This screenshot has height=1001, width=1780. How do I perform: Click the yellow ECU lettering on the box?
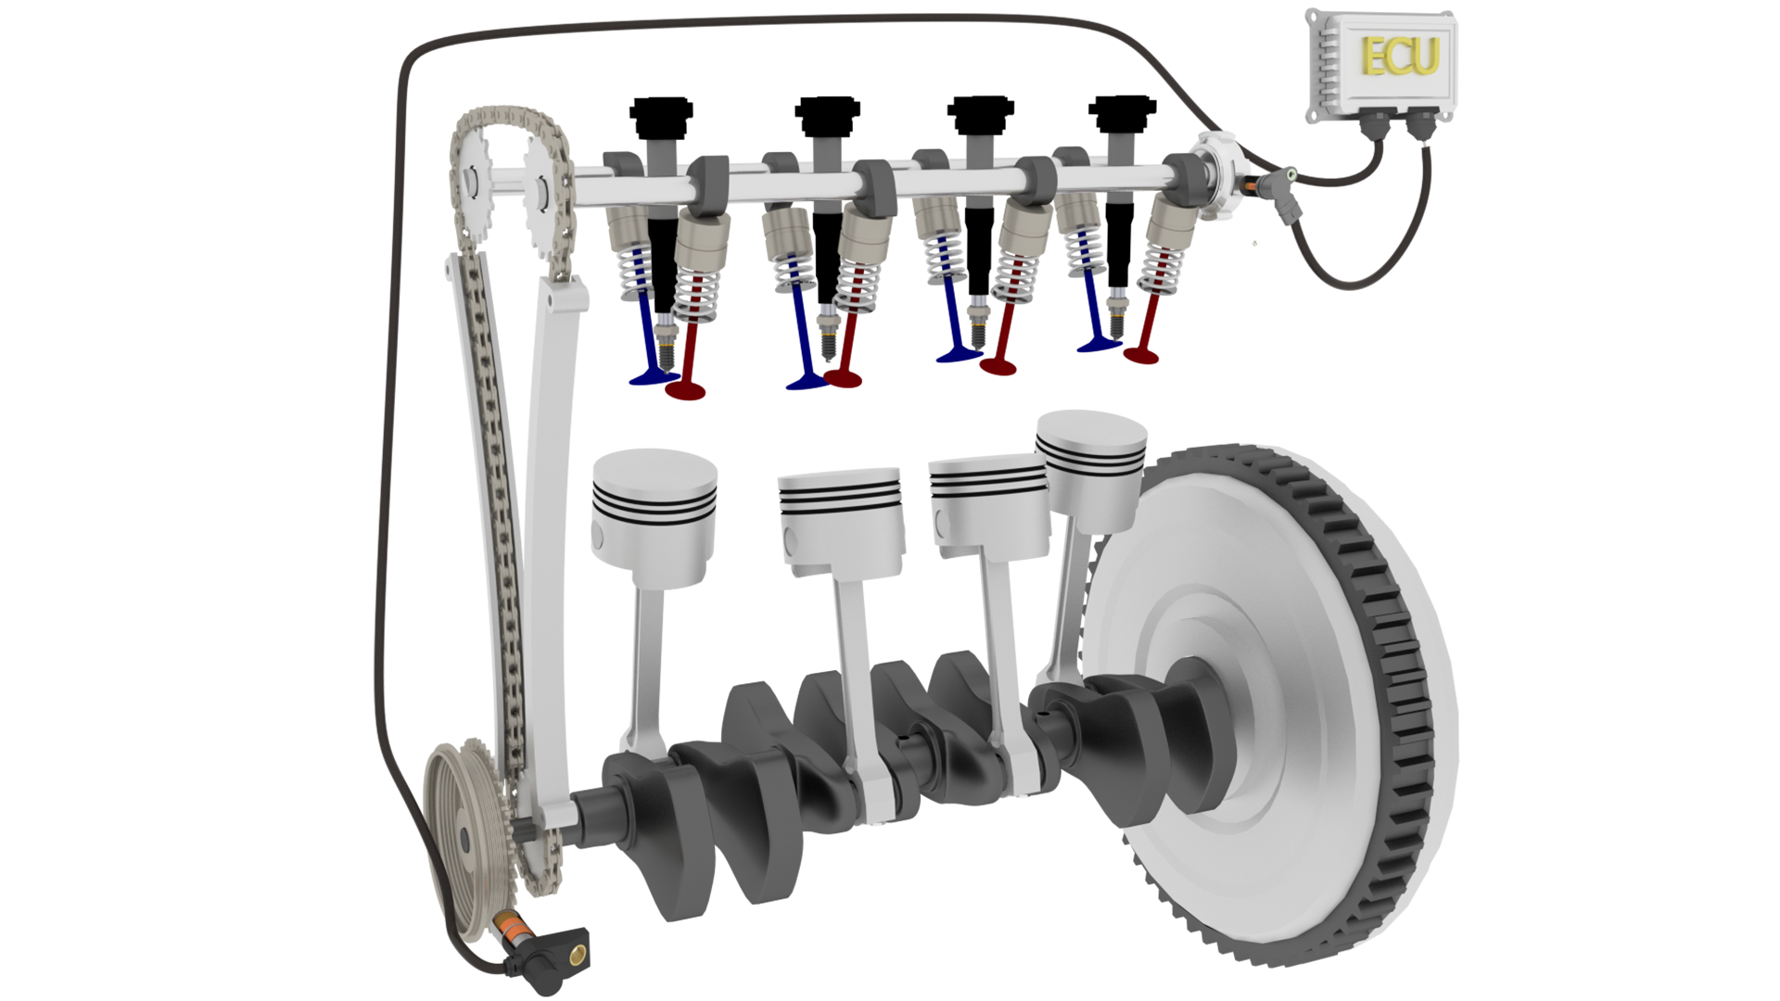1399,57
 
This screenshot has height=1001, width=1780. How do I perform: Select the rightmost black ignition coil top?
1122,113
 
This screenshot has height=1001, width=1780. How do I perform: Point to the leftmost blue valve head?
652,377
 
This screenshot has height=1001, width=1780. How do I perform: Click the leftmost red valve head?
686,390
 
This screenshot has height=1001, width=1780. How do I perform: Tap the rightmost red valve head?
1141,355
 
